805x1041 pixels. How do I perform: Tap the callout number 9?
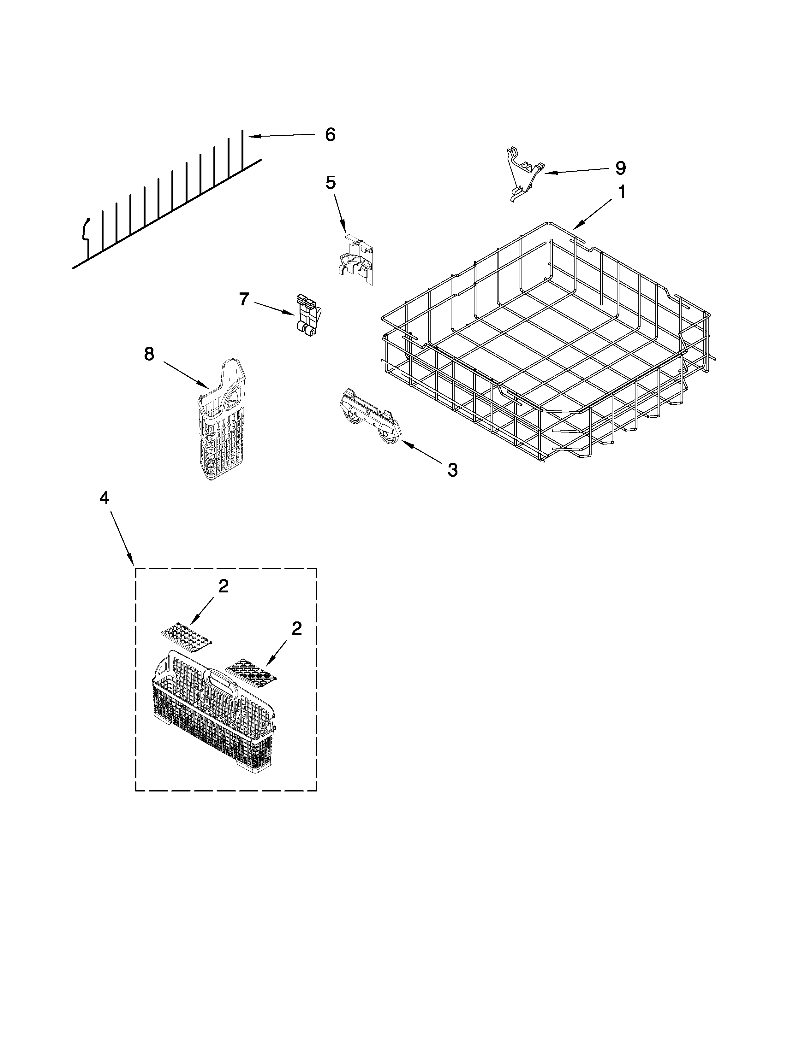pyautogui.click(x=620, y=168)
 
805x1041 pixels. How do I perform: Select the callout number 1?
pyautogui.click(x=621, y=192)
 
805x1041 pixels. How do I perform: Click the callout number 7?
pyautogui.click(x=244, y=299)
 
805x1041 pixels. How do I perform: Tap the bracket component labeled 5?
pyautogui.click(x=357, y=260)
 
